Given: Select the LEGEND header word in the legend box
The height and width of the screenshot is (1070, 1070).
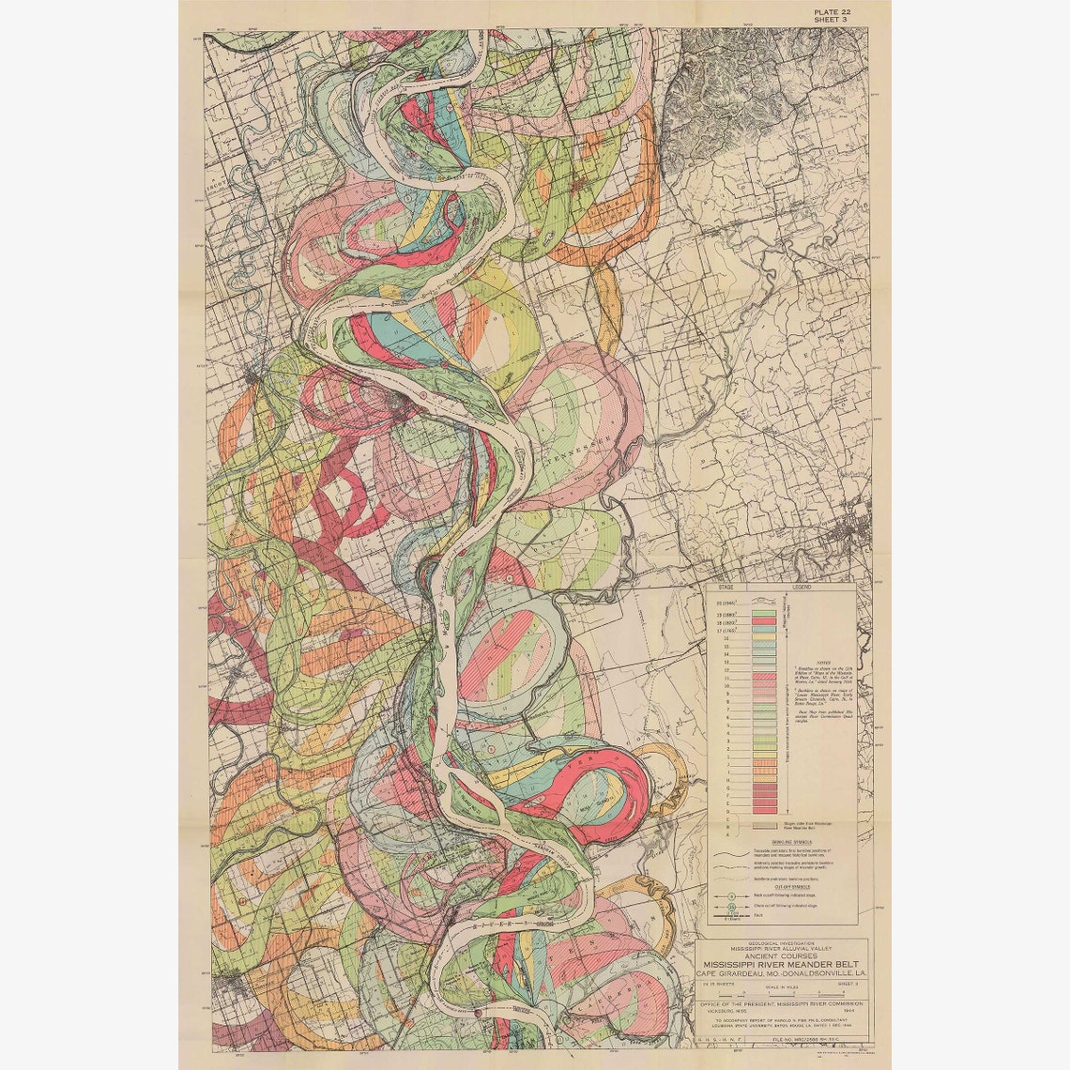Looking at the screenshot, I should coord(802,587).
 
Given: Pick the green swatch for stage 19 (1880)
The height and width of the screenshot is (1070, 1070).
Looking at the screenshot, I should coord(763,612).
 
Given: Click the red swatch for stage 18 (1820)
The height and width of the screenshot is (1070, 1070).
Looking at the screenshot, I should coord(763,621).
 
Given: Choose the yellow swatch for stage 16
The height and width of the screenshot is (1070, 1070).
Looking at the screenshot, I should coord(763,638).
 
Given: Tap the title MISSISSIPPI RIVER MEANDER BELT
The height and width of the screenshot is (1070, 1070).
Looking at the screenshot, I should coord(784,962).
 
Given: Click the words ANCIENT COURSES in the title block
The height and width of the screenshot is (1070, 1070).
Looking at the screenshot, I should coord(784,953).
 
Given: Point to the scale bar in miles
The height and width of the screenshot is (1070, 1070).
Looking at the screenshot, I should coord(784,991).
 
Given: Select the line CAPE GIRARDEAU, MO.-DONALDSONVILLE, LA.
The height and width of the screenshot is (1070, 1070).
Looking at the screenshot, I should coord(784,972).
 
